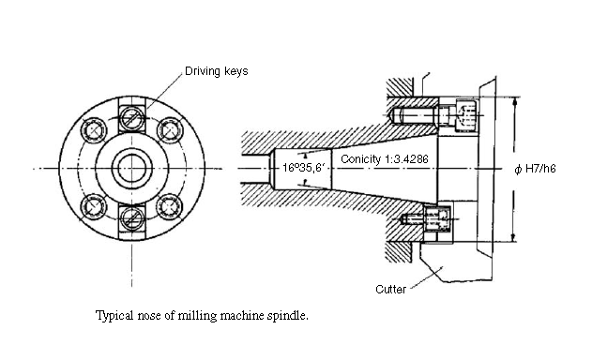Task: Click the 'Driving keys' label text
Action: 217,71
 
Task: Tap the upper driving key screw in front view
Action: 131,117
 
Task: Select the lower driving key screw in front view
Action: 131,217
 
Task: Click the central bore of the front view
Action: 131,168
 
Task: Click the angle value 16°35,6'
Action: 304,168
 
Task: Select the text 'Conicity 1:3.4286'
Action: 385,159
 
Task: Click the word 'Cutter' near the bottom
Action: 390,289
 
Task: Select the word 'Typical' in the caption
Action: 115,315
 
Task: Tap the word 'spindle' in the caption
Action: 286,315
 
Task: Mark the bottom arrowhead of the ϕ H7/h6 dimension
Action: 513,240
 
